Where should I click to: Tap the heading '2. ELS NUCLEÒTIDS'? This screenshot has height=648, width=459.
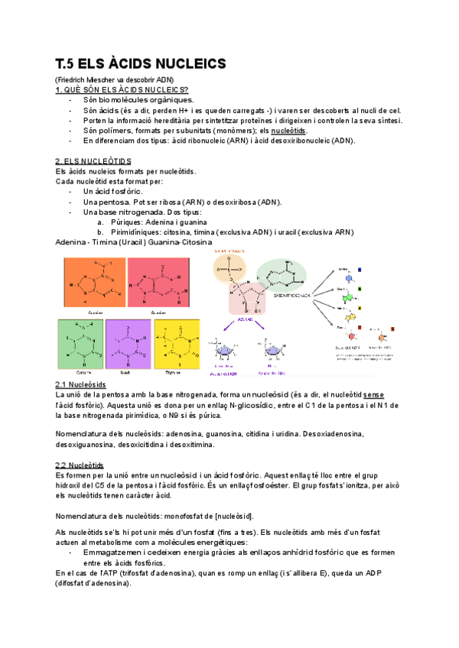tap(93, 161)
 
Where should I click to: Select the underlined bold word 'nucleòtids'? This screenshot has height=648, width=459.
tap(288, 131)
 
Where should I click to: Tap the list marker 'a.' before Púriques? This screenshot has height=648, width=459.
tap(101, 222)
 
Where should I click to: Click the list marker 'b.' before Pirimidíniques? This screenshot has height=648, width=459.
tap(101, 232)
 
